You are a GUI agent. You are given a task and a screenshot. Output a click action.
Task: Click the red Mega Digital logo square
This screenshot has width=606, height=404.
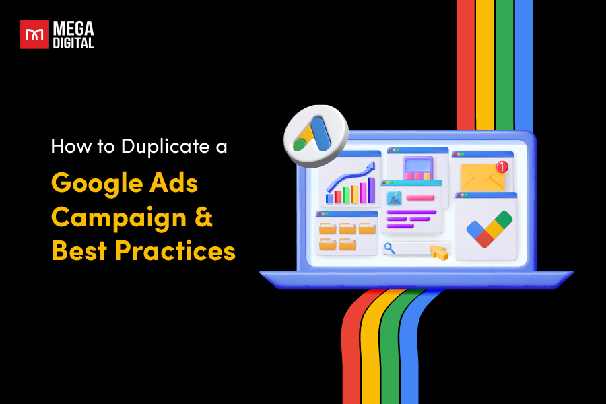[34, 34]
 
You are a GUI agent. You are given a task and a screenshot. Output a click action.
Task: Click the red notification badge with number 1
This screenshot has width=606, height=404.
[502, 166]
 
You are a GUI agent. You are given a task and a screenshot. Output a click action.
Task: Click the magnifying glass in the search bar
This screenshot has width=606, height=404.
[389, 248]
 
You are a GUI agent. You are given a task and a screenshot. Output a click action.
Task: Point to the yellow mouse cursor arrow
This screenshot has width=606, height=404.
[439, 252]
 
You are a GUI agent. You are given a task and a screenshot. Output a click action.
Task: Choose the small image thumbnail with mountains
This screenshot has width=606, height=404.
[394, 198]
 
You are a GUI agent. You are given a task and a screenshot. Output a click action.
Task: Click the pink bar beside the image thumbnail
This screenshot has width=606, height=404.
[420, 198]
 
